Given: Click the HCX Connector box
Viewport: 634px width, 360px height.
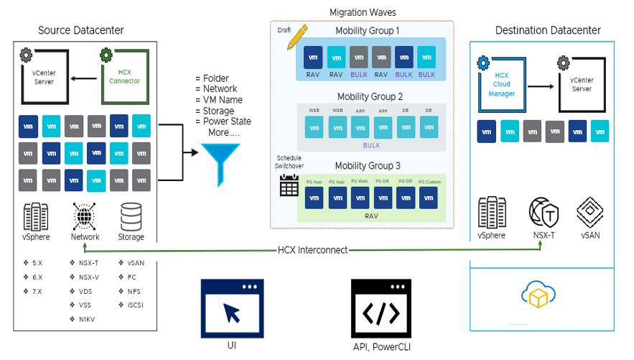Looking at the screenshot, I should point(125,76).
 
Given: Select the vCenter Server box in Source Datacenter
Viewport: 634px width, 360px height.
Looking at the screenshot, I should point(44,76).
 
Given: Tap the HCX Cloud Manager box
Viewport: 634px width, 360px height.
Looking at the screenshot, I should point(503,85).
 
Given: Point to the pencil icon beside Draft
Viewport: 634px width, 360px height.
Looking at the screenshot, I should point(297,37).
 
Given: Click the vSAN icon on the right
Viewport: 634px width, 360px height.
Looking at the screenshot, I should point(589,213).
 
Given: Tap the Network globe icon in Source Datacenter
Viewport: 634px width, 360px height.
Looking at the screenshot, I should point(85,216).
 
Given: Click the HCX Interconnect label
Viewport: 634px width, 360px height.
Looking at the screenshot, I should point(312,250).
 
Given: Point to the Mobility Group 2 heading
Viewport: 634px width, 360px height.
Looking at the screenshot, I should point(370,96).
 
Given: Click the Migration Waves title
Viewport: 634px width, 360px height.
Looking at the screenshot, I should point(363,13).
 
